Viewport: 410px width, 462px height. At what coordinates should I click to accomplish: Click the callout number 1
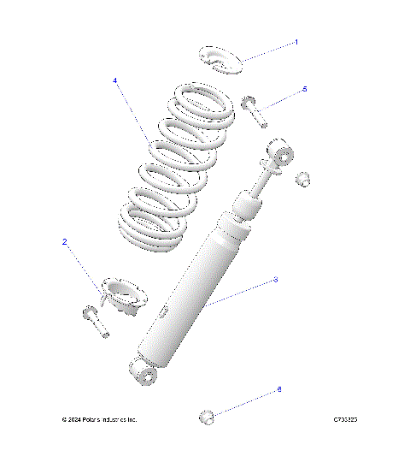click(x=296, y=42)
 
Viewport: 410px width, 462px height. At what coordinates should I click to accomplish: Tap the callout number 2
click(x=64, y=242)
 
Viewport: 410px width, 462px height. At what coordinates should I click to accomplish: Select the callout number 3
click(x=275, y=280)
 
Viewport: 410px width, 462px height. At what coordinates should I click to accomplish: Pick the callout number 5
click(x=304, y=89)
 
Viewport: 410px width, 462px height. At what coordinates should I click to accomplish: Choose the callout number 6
click(x=278, y=389)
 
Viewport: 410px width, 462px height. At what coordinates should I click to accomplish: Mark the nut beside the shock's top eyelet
click(x=302, y=179)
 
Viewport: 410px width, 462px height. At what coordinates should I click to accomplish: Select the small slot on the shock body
click(x=163, y=312)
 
